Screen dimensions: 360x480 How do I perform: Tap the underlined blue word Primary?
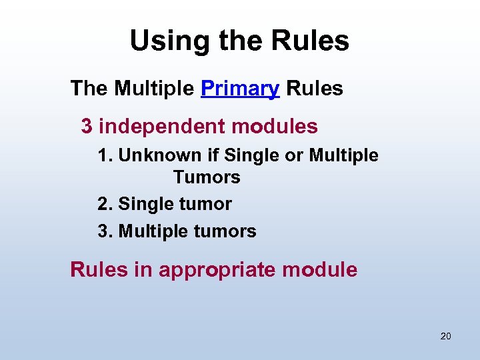240,89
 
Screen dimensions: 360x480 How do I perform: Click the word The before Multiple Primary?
89,88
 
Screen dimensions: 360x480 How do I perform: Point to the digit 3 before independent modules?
87,126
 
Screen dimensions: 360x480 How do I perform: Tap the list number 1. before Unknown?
105,156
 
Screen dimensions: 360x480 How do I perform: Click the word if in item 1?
213,156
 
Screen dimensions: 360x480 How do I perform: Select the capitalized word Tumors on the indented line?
207,178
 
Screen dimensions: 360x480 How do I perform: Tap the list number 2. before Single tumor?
105,204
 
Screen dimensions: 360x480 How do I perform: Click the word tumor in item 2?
202,204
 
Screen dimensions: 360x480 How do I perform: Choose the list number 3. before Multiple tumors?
105,232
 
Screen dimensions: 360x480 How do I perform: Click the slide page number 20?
445,336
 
